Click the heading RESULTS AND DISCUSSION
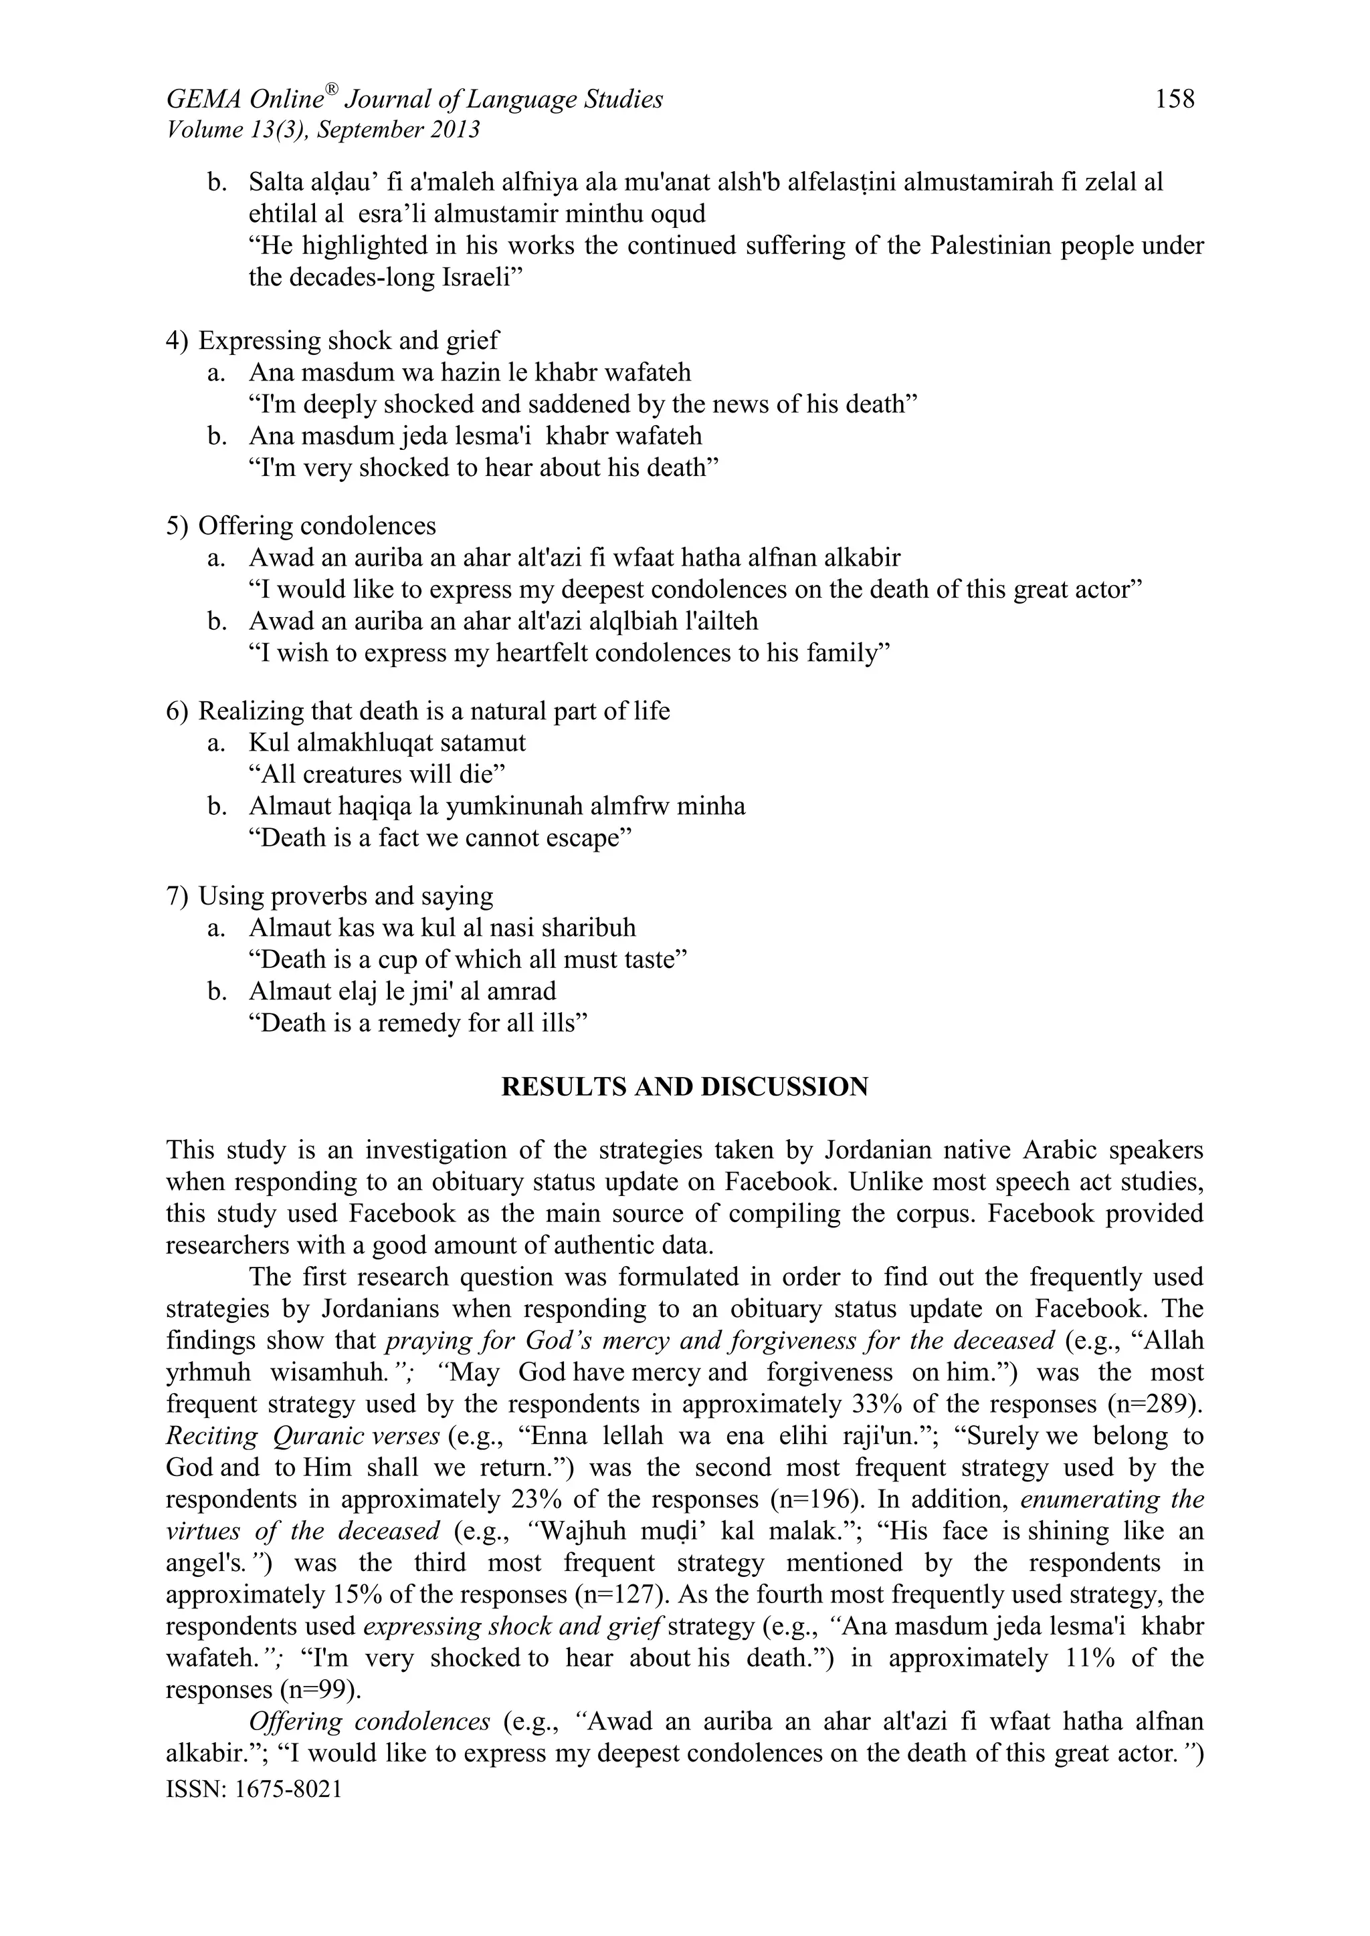tap(684, 1087)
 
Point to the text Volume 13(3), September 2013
tap(323, 131)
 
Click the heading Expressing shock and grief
tap(348, 341)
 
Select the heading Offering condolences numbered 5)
tap(316, 526)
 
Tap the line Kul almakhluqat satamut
tap(387, 743)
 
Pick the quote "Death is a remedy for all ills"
tap(418, 1023)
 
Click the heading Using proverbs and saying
tap(345, 896)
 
